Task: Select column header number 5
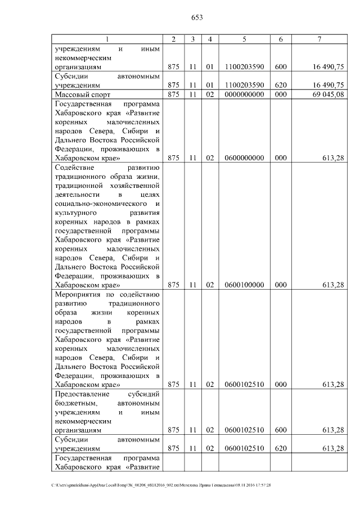pyautogui.click(x=244, y=39)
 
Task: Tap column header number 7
pyautogui.click(x=319, y=39)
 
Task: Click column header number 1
pyautogui.click(x=107, y=39)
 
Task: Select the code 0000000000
pyautogui.click(x=244, y=94)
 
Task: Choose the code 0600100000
pyautogui.click(x=244, y=285)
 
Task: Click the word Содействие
pyautogui.click(x=75, y=168)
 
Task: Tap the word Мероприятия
pyautogui.click(x=78, y=295)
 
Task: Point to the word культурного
pyautogui.click(x=74, y=213)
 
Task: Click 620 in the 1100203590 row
pyautogui.click(x=281, y=84)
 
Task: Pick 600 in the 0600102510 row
pyautogui.click(x=281, y=430)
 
